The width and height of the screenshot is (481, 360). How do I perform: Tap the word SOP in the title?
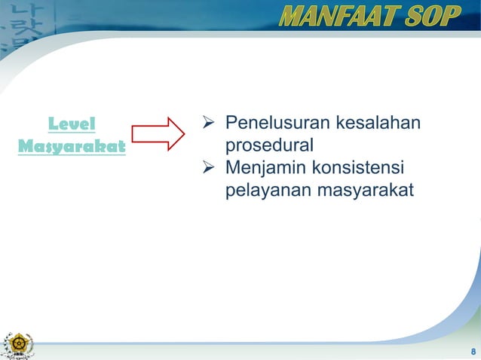[x=431, y=16]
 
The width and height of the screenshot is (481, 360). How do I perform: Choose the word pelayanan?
[x=261, y=188]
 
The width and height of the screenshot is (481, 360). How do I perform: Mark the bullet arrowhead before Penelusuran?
[x=210, y=123]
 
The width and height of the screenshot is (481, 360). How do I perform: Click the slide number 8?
[x=473, y=352]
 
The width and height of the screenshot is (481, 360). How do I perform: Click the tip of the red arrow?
[x=183, y=134]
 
